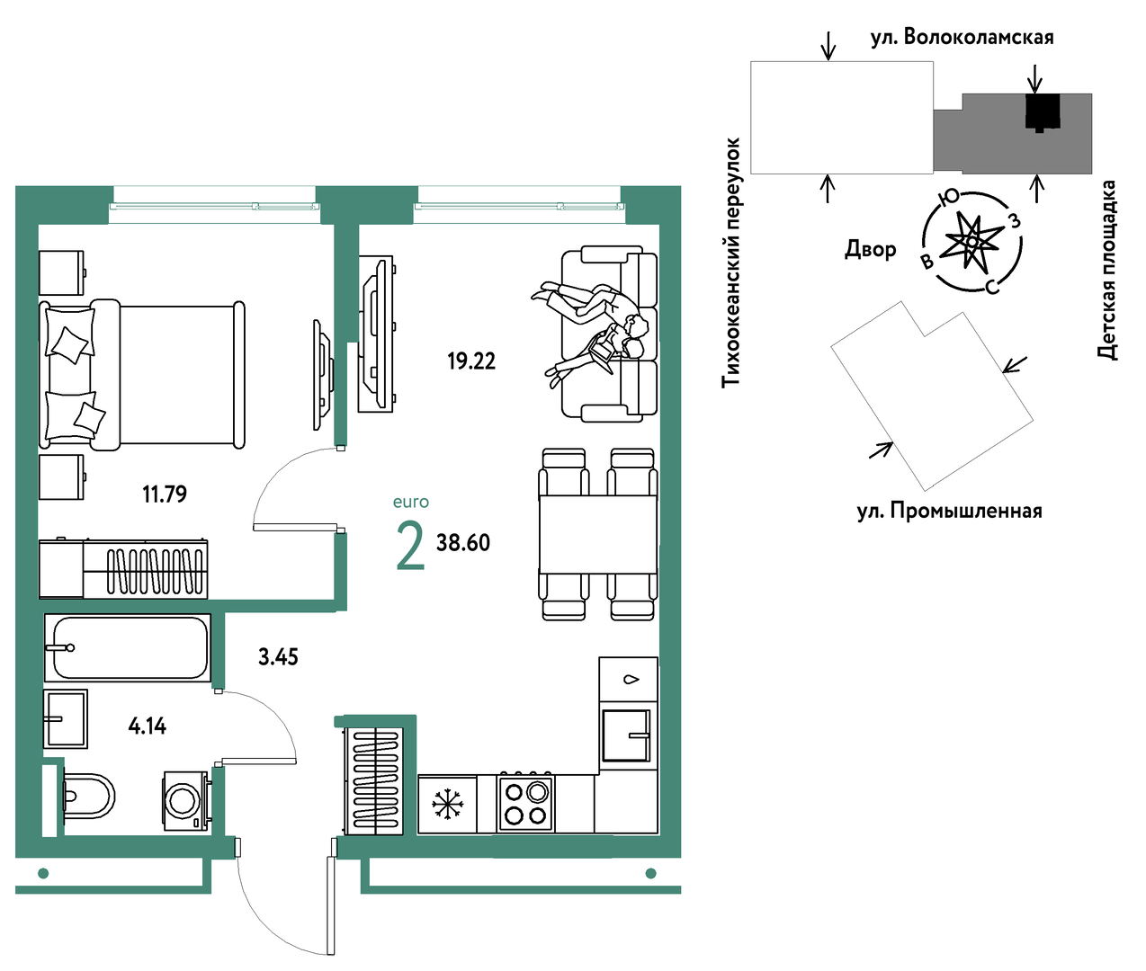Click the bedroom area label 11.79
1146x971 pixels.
(x=165, y=494)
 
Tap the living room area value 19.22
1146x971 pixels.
(x=471, y=361)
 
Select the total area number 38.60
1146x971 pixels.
(x=463, y=542)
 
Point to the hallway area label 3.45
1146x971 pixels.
(x=278, y=656)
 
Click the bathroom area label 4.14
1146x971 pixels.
(x=148, y=726)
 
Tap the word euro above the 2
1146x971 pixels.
(x=411, y=502)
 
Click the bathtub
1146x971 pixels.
(x=128, y=647)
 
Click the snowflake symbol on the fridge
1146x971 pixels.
(x=447, y=804)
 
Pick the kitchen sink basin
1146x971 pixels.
(x=626, y=735)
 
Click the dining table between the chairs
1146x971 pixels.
(x=597, y=534)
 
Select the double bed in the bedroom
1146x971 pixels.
(x=142, y=375)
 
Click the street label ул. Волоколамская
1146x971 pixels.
(x=962, y=38)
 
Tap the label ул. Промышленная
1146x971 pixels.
(x=950, y=511)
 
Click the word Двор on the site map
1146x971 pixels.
(x=871, y=249)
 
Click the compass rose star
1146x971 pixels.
(x=973, y=242)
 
